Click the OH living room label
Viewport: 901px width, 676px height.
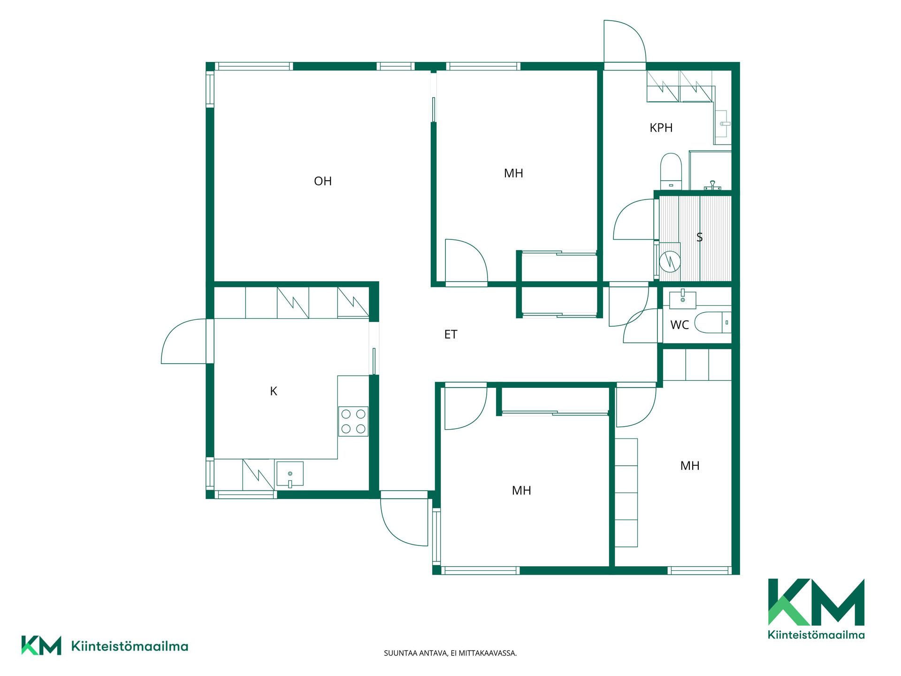point(323,181)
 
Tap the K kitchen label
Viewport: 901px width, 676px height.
point(274,391)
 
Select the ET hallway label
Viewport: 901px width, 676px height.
point(450,334)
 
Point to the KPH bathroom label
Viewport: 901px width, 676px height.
point(661,128)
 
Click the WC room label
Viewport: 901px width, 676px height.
point(680,325)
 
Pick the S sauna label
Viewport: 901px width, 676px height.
point(700,238)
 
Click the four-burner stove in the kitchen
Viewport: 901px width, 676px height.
point(353,421)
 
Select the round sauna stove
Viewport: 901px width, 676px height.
point(670,262)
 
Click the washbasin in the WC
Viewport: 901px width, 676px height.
point(683,300)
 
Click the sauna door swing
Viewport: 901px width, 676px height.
point(634,219)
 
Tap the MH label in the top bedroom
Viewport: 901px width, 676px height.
point(513,174)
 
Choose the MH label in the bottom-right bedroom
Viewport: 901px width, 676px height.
point(690,466)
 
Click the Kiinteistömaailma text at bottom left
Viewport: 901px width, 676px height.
point(130,646)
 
